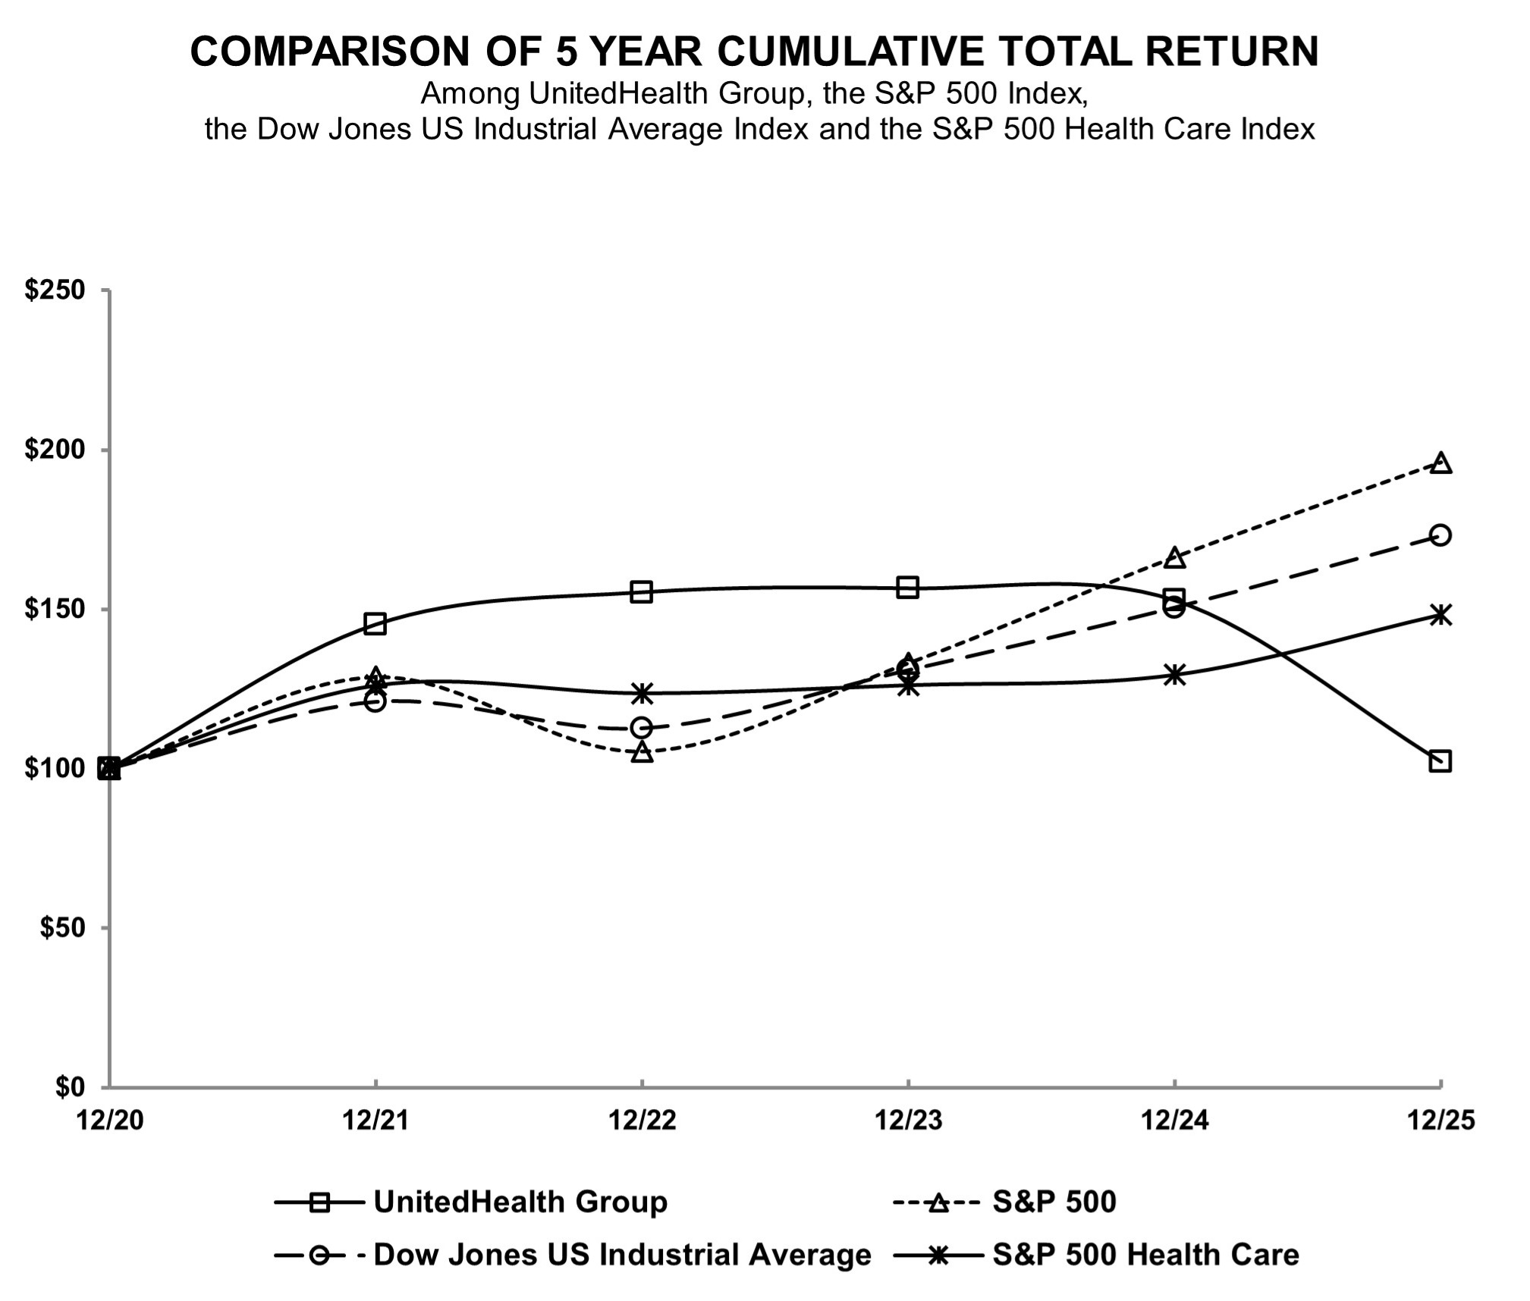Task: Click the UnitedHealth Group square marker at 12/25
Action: [1439, 760]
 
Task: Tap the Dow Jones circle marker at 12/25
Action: [1440, 535]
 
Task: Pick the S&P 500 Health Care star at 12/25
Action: [1440, 614]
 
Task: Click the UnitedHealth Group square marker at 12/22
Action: [641, 591]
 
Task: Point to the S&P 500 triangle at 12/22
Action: [642, 751]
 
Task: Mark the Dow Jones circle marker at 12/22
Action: [641, 728]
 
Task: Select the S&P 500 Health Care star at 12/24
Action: [1174, 674]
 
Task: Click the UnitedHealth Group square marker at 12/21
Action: [375, 623]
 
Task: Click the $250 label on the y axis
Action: [55, 290]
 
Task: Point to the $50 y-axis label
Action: [62, 928]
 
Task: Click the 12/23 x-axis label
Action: [908, 1120]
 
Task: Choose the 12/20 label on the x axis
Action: [110, 1120]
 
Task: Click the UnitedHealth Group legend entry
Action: [520, 1202]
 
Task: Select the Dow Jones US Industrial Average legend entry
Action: [622, 1255]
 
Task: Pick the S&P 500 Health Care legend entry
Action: [1145, 1255]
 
